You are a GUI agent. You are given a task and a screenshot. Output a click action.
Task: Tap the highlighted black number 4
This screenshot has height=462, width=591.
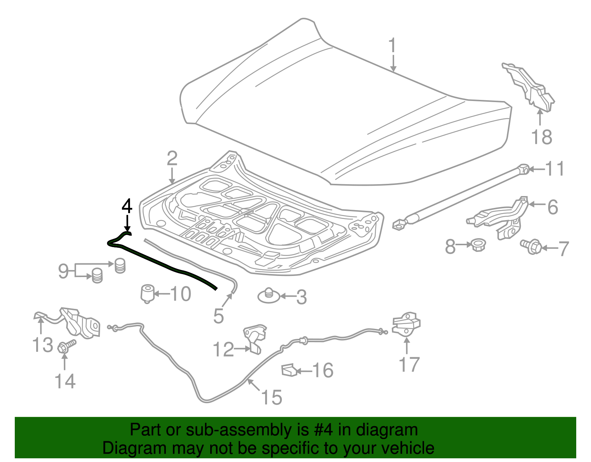point(127,206)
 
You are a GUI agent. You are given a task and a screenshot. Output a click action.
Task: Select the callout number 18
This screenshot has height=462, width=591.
point(542,137)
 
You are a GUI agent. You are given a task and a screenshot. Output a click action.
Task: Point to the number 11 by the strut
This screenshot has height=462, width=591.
point(555,169)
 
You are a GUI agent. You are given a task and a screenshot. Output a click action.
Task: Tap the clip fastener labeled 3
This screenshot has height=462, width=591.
point(269,296)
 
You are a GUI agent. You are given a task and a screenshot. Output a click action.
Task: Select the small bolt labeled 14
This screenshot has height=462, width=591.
point(66,346)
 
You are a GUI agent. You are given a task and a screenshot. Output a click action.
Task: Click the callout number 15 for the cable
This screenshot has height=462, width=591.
point(271,398)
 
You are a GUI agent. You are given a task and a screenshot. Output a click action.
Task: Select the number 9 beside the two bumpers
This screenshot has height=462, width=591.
point(64,271)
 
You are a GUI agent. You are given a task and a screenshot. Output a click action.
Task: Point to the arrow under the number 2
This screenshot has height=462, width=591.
point(172,176)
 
